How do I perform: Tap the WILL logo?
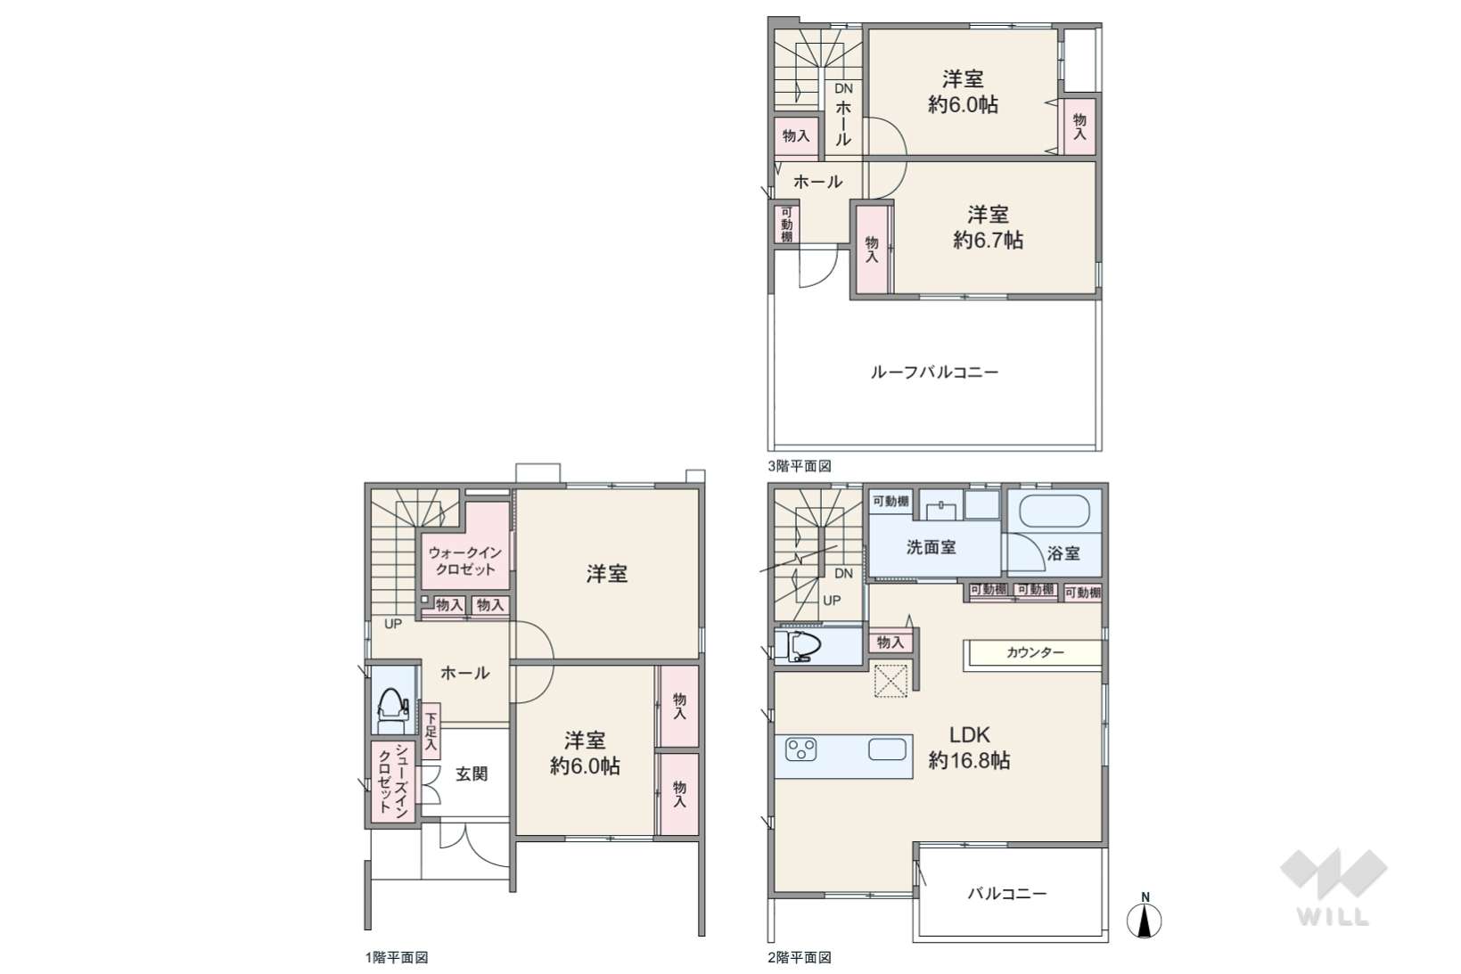click(x=1334, y=887)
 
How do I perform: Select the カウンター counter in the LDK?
click(x=1033, y=653)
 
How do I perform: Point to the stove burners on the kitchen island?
click(x=801, y=749)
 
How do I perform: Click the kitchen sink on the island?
click(x=887, y=749)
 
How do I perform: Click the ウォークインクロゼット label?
click(x=465, y=561)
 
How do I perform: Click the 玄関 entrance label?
click(x=472, y=774)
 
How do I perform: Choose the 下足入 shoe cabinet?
click(x=431, y=730)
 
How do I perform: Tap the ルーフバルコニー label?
click(x=934, y=372)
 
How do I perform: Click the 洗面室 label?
click(x=931, y=548)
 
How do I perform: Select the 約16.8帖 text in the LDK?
click(x=969, y=761)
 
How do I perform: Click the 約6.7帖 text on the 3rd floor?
click(x=989, y=240)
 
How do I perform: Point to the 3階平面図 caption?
click(x=800, y=466)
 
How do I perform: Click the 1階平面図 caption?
click(x=397, y=958)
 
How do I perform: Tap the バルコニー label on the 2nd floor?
click(x=1007, y=893)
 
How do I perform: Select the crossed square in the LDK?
click(x=891, y=680)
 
